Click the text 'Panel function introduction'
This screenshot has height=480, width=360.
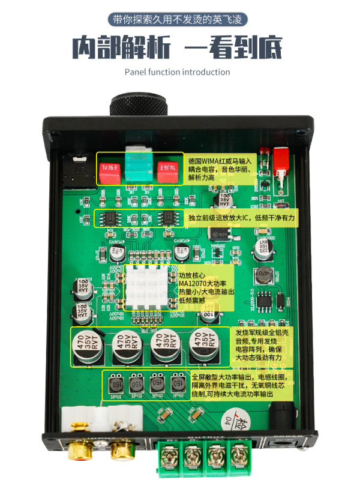pyautogui.click(x=177, y=72)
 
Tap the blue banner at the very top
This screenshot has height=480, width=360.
pyautogui.click(x=179, y=19)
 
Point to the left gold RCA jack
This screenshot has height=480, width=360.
pyautogui.click(x=81, y=448)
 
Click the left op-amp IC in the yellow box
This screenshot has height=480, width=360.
pyautogui.click(x=112, y=218)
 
